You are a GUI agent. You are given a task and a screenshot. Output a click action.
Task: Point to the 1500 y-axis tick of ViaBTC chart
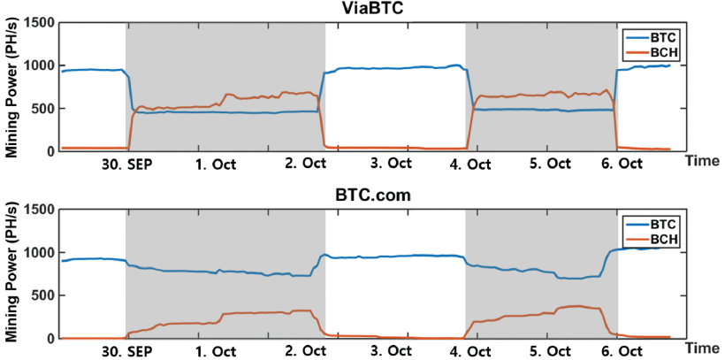(x=39, y=23)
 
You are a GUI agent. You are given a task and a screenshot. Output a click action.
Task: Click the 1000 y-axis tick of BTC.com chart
(x=39, y=253)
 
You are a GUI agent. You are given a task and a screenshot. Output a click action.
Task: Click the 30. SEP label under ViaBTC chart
(x=126, y=165)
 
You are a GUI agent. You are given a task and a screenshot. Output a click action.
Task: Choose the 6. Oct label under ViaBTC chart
(x=625, y=165)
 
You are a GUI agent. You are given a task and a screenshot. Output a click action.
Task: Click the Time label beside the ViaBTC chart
(x=702, y=161)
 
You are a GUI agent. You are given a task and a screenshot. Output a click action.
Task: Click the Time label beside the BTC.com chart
(x=702, y=347)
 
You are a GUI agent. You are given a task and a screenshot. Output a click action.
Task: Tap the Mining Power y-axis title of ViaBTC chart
(x=11, y=88)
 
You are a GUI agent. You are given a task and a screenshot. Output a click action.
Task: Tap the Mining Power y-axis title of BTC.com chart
(x=11, y=273)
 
